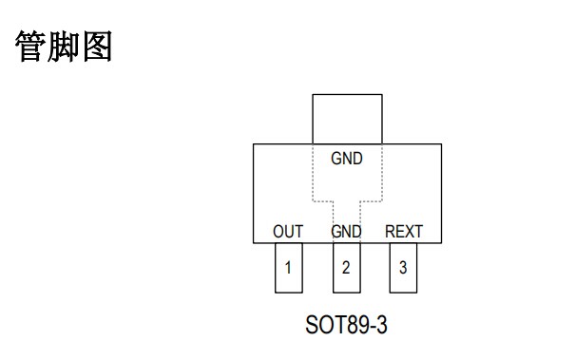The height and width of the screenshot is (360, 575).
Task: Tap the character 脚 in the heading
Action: (64, 48)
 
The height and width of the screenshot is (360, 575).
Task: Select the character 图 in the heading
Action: (96, 48)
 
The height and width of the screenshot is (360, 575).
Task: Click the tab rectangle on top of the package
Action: (347, 119)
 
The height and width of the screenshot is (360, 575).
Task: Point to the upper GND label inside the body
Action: (347, 160)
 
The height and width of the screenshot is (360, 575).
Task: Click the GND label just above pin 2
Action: (346, 231)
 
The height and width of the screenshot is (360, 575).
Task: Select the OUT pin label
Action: (288, 231)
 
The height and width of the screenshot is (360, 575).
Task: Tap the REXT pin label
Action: (404, 231)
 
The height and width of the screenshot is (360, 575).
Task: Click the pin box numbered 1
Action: (289, 267)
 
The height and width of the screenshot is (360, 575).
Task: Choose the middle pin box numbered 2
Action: (346, 267)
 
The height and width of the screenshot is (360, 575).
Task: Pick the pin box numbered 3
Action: (403, 267)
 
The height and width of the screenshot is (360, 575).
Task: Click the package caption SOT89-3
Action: (346, 326)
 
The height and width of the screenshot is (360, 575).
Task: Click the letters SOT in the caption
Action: (321, 326)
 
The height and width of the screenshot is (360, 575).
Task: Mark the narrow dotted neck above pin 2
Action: (346, 214)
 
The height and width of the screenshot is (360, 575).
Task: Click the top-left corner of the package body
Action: (253, 144)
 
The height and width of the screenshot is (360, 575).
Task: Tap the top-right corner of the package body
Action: (441, 144)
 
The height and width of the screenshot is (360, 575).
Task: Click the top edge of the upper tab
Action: (347, 94)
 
